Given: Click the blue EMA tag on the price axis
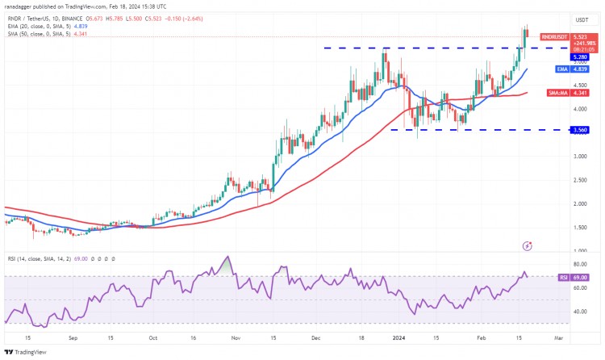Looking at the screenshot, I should pyautogui.click(x=556, y=69).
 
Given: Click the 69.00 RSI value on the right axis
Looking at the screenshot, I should pyautogui.click(x=579, y=277).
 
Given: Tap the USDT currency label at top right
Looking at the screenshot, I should pyautogui.click(x=580, y=19).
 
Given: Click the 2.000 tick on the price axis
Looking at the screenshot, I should pyautogui.click(x=580, y=203).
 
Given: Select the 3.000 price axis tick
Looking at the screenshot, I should pyautogui.click(x=580, y=157).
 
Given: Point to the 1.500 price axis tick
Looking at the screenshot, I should pyautogui.click(x=580, y=228).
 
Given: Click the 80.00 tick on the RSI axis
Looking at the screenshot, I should pyautogui.click(x=579, y=264).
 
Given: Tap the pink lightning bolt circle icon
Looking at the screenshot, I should pyautogui.click(x=528, y=245).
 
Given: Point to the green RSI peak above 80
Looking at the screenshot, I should pyautogui.click(x=228, y=260).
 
